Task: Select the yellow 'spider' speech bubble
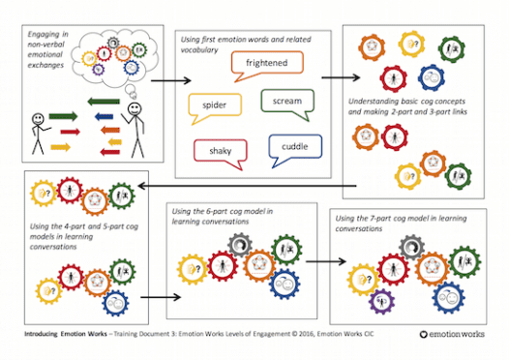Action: [214, 105]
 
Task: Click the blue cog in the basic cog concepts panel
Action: [433, 75]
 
